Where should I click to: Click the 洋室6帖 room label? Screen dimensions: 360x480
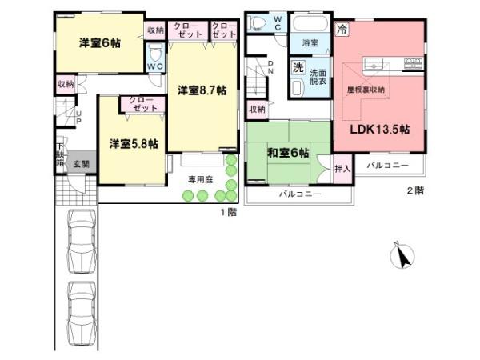pyautogui.click(x=99, y=43)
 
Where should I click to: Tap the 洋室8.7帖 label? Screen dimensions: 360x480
pyautogui.click(x=201, y=91)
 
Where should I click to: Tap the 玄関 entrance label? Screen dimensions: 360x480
pyautogui.click(x=82, y=164)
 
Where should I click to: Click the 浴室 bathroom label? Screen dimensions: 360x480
pyautogui.click(x=310, y=41)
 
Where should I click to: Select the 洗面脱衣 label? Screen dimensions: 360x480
pyautogui.click(x=319, y=76)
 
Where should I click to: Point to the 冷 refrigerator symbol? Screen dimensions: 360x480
pyautogui.click(x=342, y=30)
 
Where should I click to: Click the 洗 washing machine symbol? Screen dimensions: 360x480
pyautogui.click(x=298, y=68)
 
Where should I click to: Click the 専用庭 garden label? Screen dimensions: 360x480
pyautogui.click(x=199, y=179)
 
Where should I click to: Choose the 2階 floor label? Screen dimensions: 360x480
pyautogui.click(x=414, y=190)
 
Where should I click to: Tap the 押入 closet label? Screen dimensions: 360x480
pyautogui.click(x=342, y=170)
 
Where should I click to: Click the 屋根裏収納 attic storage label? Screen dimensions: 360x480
pyautogui.click(x=366, y=90)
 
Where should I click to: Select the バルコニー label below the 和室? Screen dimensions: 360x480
pyautogui.click(x=299, y=194)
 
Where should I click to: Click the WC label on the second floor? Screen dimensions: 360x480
pyautogui.click(x=276, y=21)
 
